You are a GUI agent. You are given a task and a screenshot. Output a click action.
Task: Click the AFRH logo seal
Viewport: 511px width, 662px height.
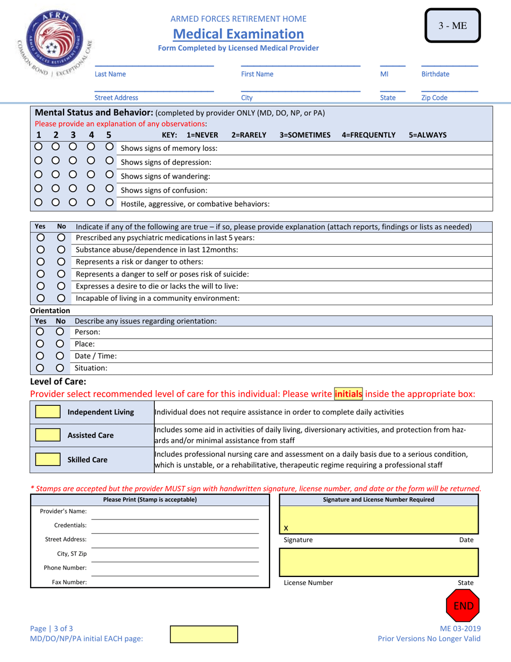[x=53, y=41]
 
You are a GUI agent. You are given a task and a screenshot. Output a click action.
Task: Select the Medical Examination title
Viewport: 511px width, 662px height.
[x=238, y=34]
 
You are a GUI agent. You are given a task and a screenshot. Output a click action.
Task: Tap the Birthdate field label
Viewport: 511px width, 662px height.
[x=435, y=73]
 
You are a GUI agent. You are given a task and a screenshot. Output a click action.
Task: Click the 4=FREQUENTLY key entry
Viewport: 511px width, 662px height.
[x=368, y=135]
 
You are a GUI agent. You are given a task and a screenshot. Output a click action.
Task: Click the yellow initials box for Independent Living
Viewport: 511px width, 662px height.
[x=47, y=412]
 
